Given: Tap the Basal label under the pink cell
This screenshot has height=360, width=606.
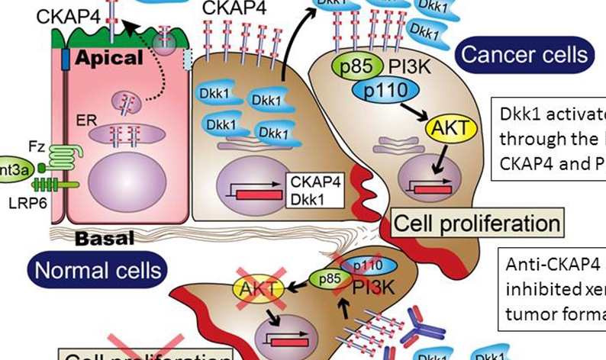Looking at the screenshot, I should pyautogui.click(x=104, y=239).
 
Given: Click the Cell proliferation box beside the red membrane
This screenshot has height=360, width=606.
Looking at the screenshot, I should pyautogui.click(x=476, y=224).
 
